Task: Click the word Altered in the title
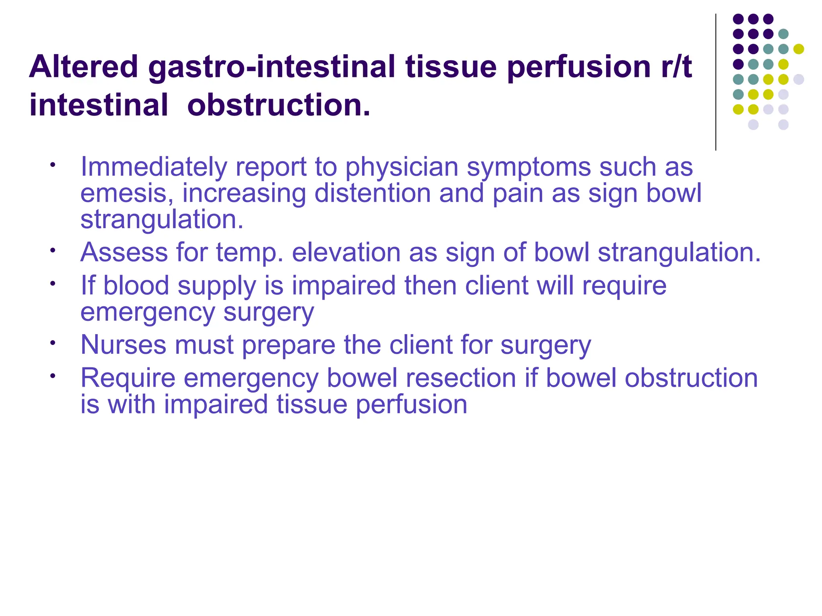83,67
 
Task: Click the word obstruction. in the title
279,105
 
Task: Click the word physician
401,167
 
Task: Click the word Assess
124,253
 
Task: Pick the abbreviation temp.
249,253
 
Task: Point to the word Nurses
123,345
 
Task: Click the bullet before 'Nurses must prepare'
52,343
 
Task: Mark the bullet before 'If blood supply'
52,284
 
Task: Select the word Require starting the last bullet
128,378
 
